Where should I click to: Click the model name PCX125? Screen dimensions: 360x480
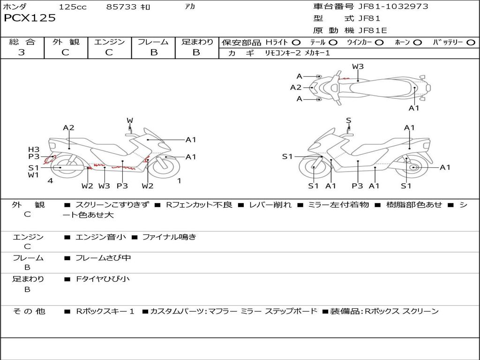click(x=30, y=18)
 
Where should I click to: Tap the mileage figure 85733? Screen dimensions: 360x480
click(x=121, y=7)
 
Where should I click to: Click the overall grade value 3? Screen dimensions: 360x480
click(x=22, y=52)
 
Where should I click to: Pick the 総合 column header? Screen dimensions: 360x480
click(x=22, y=42)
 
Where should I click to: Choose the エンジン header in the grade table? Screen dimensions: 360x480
click(x=109, y=42)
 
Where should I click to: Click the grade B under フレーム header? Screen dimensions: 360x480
click(x=154, y=52)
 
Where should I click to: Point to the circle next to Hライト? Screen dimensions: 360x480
click(x=296, y=43)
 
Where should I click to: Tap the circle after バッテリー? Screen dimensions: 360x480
click(x=471, y=43)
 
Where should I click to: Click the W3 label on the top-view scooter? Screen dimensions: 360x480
click(x=358, y=67)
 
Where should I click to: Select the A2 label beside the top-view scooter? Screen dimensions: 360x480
click(x=296, y=87)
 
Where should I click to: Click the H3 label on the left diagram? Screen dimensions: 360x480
click(x=34, y=150)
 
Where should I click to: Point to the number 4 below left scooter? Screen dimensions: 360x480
click(x=50, y=180)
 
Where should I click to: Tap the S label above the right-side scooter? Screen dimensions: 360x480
click(x=348, y=120)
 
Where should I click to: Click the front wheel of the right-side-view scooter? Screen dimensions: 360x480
click(x=314, y=168)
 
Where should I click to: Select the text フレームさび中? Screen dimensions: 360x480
click(x=103, y=258)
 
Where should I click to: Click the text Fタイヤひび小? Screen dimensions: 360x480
click(x=103, y=279)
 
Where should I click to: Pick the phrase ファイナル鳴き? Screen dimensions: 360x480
click(x=169, y=237)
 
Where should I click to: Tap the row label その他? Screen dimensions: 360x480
click(x=29, y=311)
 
